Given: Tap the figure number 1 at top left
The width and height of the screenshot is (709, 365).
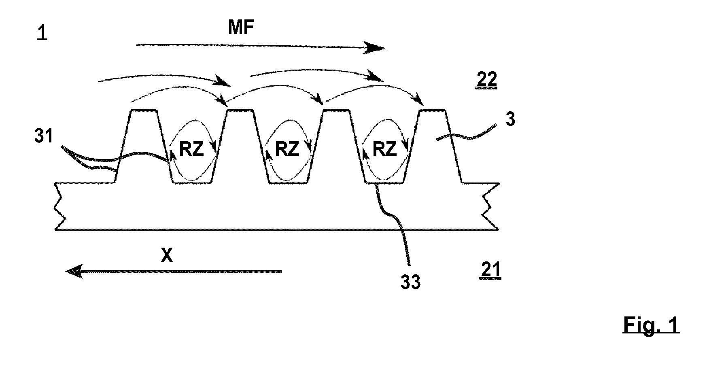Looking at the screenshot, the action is click(42, 34).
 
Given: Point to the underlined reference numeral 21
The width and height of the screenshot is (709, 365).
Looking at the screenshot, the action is click(490, 270).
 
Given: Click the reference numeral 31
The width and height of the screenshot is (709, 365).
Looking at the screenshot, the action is click(44, 136).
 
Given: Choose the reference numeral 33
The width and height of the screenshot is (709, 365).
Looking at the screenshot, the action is click(410, 282).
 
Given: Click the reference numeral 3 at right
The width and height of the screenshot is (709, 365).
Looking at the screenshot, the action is click(510, 119).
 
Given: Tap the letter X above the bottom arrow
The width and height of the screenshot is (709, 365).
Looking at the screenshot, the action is click(167, 255).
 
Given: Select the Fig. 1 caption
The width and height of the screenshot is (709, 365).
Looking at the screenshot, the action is click(651, 325).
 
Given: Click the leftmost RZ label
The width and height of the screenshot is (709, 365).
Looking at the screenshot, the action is click(191, 150).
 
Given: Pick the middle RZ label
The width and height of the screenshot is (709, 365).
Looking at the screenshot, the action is click(287, 150).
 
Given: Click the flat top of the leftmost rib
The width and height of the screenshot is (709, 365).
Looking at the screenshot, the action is click(143, 110).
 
